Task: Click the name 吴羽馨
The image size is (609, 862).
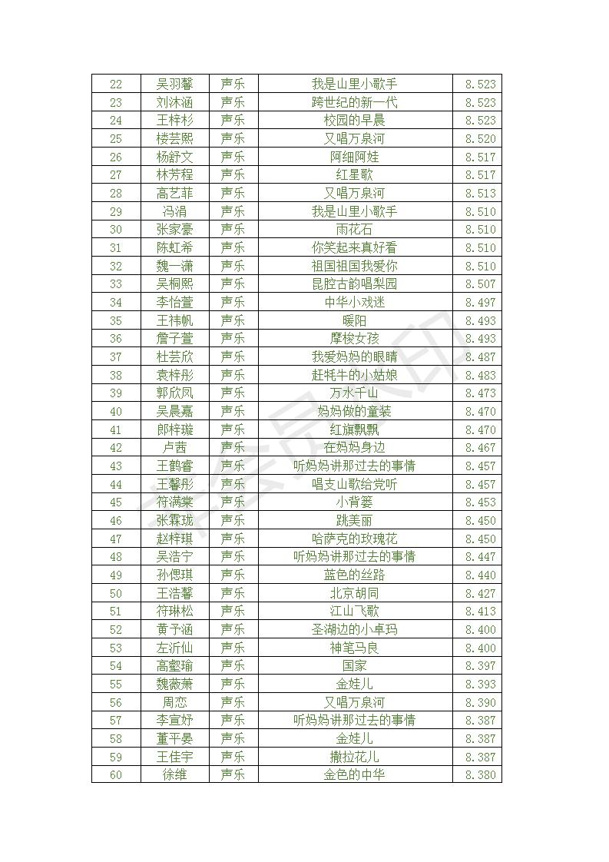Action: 174,84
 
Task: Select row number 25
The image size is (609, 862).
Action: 116,138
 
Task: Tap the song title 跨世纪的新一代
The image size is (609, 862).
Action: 354,102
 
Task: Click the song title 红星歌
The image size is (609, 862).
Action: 354,174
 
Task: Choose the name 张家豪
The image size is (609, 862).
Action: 174,229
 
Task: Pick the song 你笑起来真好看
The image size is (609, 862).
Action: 354,247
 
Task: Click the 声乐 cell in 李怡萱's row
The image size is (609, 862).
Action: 233,302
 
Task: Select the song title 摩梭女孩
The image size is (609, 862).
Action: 354,338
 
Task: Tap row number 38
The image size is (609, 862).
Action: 116,375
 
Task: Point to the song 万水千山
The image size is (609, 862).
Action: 354,393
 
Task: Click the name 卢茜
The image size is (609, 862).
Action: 174,447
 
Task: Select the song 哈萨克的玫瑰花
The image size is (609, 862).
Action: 354,539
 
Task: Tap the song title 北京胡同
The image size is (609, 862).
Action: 354,593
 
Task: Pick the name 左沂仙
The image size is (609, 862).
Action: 174,648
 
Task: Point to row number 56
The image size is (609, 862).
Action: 116,702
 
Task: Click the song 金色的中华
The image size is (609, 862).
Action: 354,774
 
